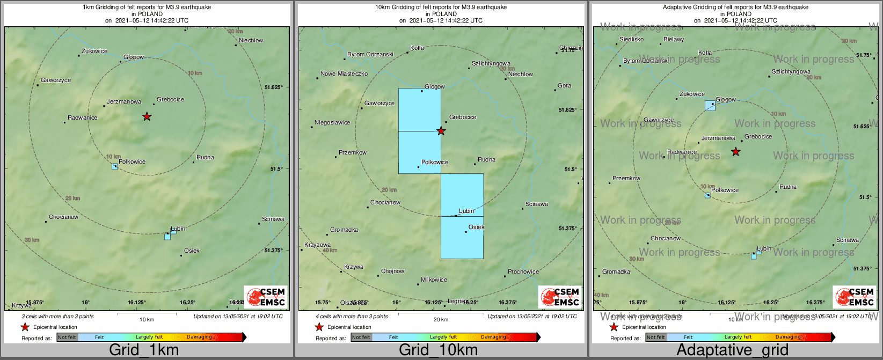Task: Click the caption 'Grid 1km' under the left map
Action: click(144, 350)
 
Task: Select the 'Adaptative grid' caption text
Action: click(732, 350)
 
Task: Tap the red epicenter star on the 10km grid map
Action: click(441, 131)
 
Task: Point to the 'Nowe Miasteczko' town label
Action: click(344, 74)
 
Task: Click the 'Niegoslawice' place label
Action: click(332, 123)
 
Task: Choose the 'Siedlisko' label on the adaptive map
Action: click(631, 39)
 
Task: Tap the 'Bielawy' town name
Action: click(674, 39)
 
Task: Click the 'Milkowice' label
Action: click(434, 280)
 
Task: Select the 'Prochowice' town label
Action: click(523, 271)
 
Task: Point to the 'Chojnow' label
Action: click(392, 271)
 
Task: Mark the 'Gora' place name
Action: click(564, 85)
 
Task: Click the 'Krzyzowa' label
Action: click(317, 245)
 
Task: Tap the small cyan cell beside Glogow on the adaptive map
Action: click(710, 106)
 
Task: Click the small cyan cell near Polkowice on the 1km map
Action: click(114, 167)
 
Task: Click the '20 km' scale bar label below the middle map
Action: click(441, 320)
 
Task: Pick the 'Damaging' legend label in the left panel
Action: click(199, 337)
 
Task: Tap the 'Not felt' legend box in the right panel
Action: click(655, 337)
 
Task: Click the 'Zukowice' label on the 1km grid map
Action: click(94, 52)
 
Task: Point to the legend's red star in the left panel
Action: click(25, 327)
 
